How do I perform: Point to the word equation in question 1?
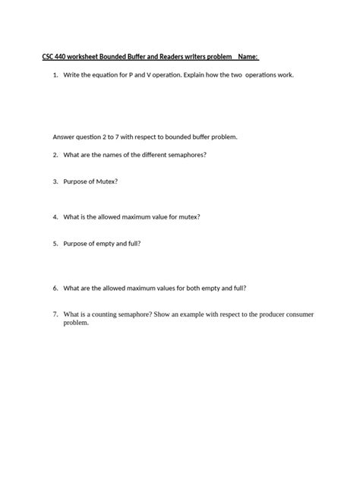(108, 76)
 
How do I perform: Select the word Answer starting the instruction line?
(64, 137)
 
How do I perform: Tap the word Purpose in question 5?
(76, 244)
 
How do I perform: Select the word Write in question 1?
(73, 76)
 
